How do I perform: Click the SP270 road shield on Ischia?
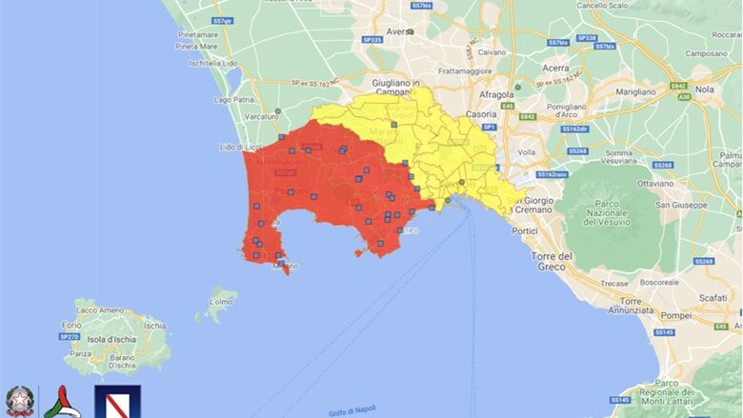click(x=70, y=336)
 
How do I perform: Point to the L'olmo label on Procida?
click(x=221, y=302)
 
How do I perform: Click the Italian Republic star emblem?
click(x=18, y=400)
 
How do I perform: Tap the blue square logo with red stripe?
click(x=117, y=401)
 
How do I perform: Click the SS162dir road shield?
click(x=574, y=129)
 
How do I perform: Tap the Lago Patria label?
click(x=234, y=98)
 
